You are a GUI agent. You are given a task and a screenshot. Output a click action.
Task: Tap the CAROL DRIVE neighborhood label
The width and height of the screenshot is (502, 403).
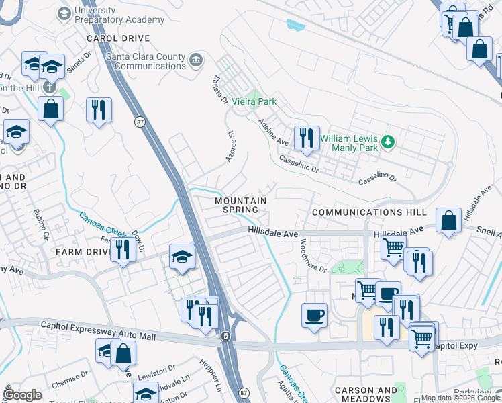117,39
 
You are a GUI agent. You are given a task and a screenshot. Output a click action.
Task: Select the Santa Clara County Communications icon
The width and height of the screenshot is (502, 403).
196,60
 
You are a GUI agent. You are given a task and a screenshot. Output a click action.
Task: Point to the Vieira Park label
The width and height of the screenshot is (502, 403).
254,101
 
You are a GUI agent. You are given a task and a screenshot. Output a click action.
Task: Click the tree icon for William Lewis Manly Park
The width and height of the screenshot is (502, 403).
387,142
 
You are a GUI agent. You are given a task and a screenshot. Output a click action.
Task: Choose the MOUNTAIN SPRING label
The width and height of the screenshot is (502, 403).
241,206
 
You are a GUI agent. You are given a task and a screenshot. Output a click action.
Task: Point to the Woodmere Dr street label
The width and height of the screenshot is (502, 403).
313,256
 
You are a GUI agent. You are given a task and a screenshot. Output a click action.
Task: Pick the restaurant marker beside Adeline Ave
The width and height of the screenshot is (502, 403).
307,138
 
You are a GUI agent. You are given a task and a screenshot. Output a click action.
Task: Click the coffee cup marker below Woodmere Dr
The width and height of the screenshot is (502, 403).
314,315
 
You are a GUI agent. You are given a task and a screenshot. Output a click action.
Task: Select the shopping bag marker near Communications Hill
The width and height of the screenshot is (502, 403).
448,220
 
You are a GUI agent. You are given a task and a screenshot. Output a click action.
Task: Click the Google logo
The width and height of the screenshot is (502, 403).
22,395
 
